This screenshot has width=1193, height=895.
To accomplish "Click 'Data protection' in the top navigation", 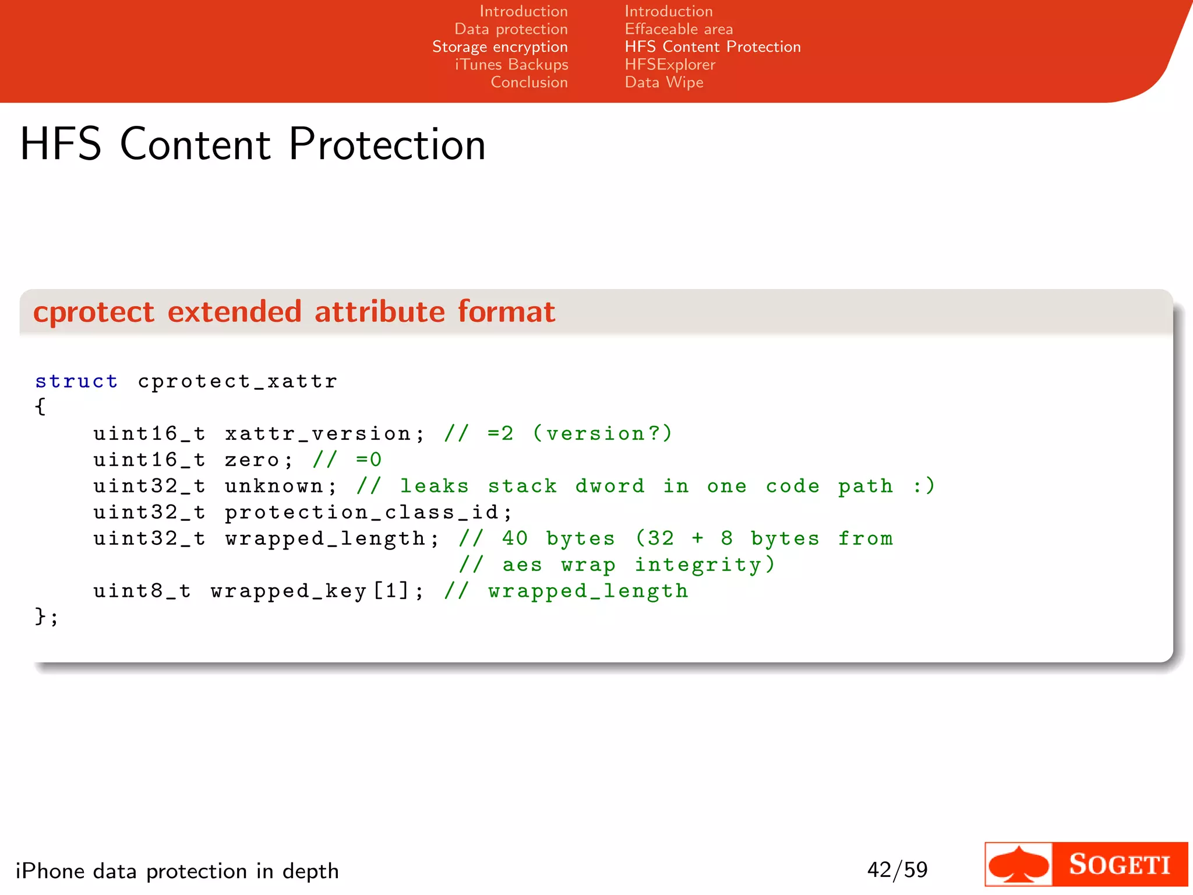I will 511,29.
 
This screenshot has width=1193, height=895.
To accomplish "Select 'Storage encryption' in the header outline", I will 500,47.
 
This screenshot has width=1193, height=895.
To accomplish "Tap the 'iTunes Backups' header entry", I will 511,65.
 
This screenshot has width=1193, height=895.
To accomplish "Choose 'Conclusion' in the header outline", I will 529,82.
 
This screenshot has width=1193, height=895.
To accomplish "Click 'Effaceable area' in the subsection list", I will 679,29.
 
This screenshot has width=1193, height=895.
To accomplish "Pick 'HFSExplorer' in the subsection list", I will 670,65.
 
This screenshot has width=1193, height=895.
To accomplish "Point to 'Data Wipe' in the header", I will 664,82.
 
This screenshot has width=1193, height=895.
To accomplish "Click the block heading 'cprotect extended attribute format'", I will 294,312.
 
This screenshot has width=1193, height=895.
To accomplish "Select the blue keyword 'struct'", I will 76,382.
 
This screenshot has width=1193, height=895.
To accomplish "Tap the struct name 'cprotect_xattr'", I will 238,382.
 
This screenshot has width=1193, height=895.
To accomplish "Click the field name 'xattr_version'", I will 318,434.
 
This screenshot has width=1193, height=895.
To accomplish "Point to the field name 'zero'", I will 252,460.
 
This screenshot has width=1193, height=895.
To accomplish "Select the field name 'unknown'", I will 274,487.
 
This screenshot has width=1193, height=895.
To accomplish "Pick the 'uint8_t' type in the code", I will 142,591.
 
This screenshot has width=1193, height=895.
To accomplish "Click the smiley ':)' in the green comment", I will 924,486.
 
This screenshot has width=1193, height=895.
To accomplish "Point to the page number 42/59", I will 897,870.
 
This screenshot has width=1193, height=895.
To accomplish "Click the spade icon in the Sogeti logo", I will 1018,865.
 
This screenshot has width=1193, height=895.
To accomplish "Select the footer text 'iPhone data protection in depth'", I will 177,871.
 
